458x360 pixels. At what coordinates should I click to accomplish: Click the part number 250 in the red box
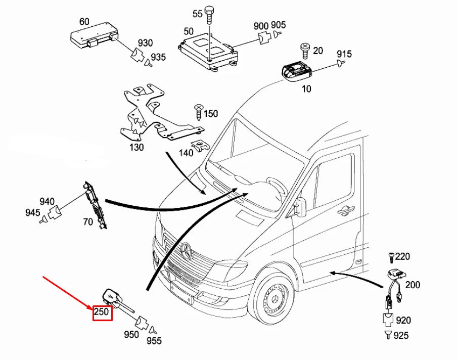[102, 312]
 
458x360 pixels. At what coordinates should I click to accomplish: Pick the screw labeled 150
[198, 111]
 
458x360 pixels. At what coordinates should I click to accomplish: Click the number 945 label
[32, 213]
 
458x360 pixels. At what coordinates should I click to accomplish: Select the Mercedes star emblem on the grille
[188, 251]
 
